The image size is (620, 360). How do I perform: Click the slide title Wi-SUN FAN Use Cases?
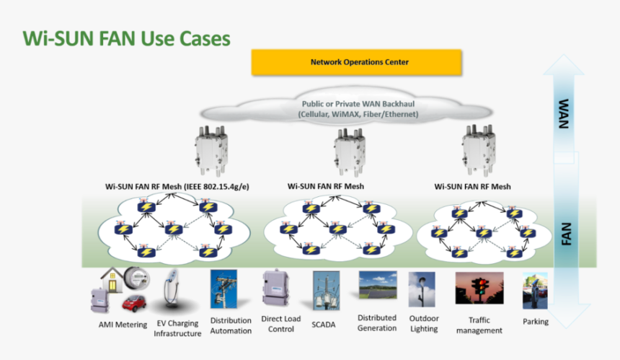pyautogui.click(x=127, y=38)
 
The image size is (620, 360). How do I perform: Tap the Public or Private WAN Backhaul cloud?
pyautogui.click(x=358, y=109)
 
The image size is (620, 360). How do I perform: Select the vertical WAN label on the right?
pyautogui.click(x=564, y=115)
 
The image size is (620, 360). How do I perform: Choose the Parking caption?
pyautogui.click(x=536, y=322)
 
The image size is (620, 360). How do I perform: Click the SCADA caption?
pyautogui.click(x=324, y=325)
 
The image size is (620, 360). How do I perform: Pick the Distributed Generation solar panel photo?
pyautogui.click(x=378, y=284)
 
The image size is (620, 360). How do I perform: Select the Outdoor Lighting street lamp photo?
pyautogui.click(x=421, y=289)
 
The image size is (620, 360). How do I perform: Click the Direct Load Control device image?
pyautogui.click(x=275, y=289)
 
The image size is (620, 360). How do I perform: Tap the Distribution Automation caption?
pyautogui.click(x=231, y=325)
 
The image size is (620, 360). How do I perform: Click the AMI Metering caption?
pyautogui.click(x=123, y=325)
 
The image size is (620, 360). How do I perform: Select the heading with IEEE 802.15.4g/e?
pyautogui.click(x=178, y=186)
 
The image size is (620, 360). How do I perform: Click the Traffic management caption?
pyautogui.click(x=479, y=325)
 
